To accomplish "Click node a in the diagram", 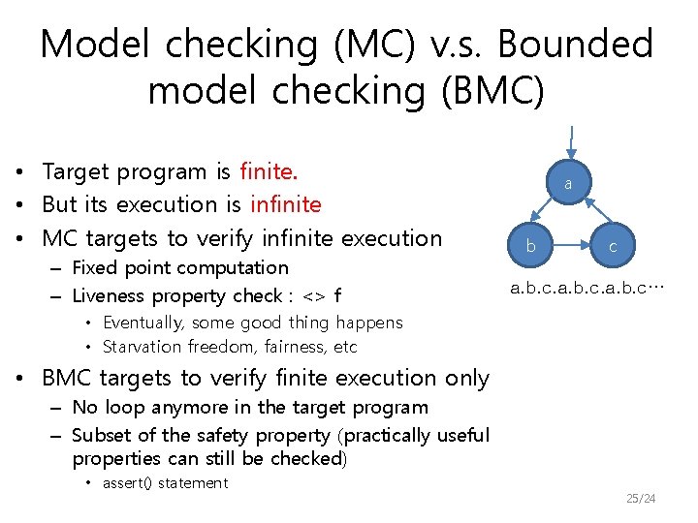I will pos(570,182).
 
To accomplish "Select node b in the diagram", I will pos(530,246).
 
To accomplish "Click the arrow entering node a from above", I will pos(572,140).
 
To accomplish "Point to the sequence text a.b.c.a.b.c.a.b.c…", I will pos(587,288).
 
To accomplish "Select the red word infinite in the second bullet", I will pos(286,205).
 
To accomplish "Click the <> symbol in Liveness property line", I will pos(315,296).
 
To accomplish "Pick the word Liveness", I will pos(109,296).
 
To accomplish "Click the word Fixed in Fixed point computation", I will pos(93,267).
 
